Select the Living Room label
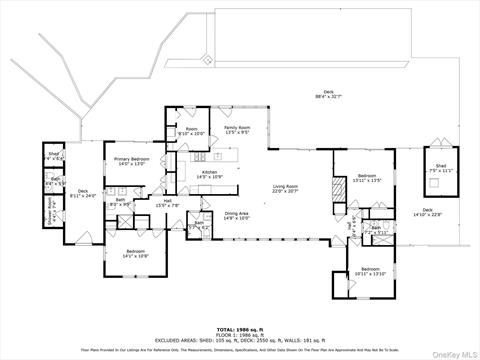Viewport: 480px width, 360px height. [286, 189]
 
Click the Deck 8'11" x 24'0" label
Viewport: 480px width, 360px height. [84, 194]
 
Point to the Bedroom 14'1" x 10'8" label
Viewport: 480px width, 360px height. [135, 254]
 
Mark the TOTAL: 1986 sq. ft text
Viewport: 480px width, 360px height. [240, 328]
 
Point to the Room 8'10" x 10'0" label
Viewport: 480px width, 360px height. [190, 131]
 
